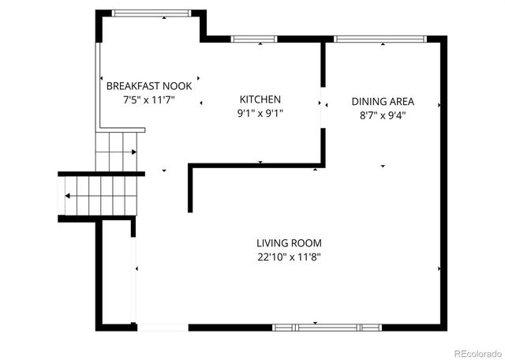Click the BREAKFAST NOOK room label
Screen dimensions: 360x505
coord(148,86)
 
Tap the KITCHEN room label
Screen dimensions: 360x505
coord(260,99)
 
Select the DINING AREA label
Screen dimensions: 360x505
coord(383,102)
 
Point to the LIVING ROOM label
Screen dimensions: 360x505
coord(289,243)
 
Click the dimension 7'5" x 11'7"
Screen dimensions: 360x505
coord(148,100)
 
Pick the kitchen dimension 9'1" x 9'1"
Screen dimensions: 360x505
coord(260,113)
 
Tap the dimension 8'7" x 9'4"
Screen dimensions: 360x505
coord(383,115)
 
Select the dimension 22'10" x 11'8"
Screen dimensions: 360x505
coord(289,257)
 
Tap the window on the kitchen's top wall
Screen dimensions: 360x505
coord(249,38)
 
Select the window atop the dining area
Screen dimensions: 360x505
coord(380,38)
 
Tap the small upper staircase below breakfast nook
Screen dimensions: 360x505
coord(115,151)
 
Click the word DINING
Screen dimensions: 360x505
coord(368,102)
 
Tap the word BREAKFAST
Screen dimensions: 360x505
coord(134,86)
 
